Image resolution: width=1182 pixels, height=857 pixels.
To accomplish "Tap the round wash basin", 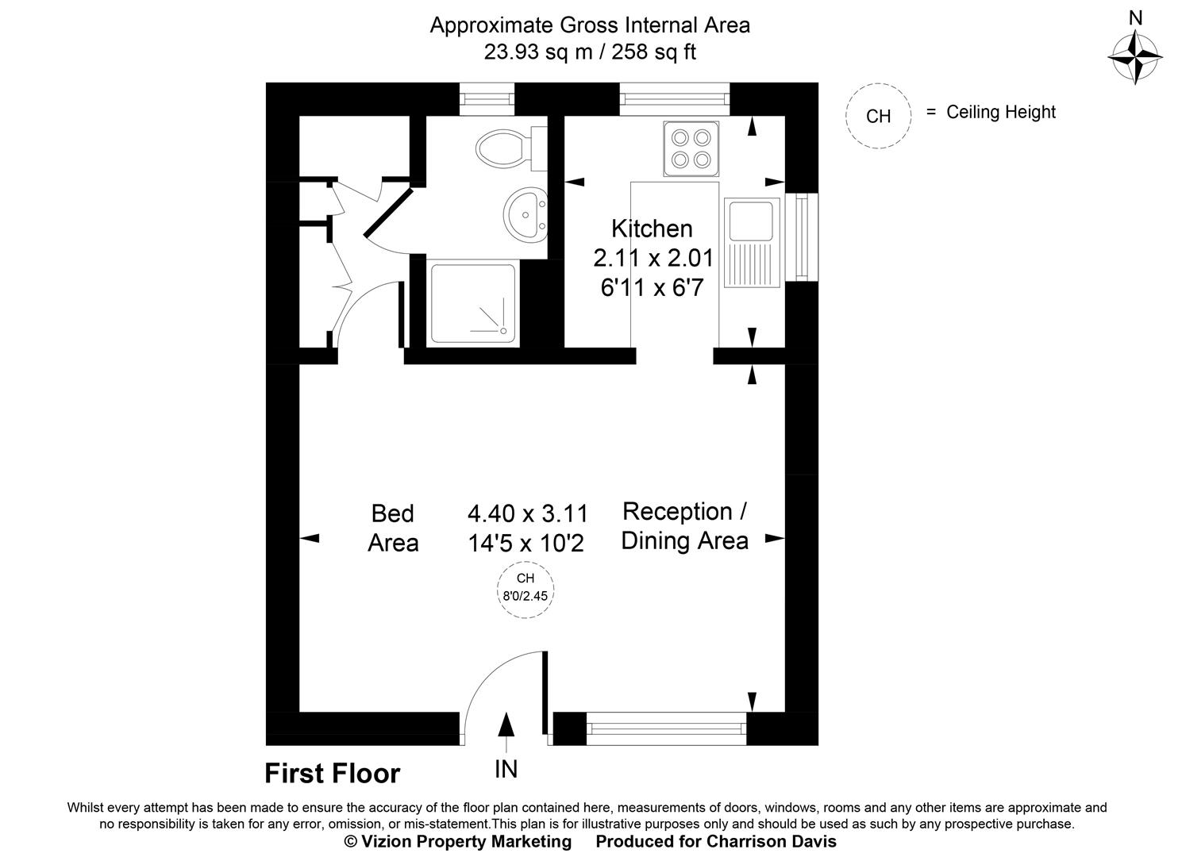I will (x=525, y=213).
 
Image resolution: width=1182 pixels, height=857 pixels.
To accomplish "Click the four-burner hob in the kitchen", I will (x=690, y=149).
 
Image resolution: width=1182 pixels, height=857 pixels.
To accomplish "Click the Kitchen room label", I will (x=652, y=229).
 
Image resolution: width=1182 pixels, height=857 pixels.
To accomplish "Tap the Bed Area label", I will (x=393, y=528).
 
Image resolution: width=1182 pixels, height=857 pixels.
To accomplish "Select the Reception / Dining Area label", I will (x=684, y=525).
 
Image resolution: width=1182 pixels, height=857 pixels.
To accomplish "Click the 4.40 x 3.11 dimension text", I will (x=528, y=514).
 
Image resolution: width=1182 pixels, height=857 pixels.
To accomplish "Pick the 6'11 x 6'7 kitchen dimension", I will (x=652, y=287).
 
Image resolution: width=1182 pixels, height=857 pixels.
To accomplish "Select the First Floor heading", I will (x=333, y=773).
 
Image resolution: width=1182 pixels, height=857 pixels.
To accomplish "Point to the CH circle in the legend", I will (x=878, y=116).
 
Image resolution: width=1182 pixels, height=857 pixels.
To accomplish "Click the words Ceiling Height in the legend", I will (x=1001, y=112).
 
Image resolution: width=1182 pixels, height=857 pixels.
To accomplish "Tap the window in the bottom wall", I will (x=667, y=728).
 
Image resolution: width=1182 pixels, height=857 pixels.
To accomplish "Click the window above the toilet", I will (x=487, y=98).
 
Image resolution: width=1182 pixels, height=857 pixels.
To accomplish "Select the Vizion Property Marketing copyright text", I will (x=457, y=841).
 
